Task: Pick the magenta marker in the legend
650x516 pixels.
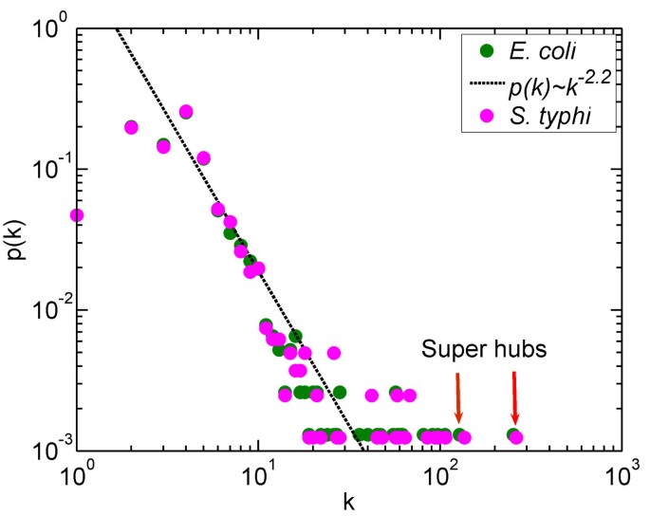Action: pos(485,117)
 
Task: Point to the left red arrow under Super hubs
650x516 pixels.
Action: pos(458,397)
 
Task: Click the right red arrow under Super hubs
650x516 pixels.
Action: pos(514,397)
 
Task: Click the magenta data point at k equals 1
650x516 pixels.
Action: pos(77,215)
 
